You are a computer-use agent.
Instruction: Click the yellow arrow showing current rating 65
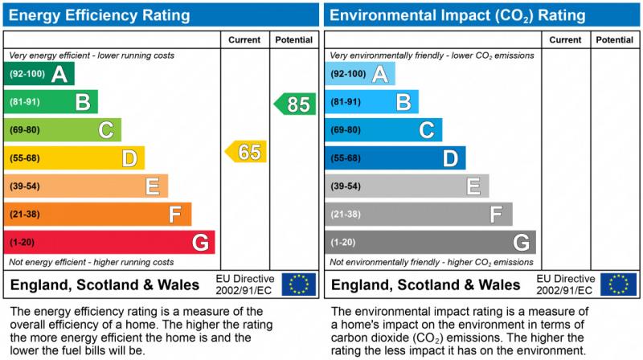click(246, 152)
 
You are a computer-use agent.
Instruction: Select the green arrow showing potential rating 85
click(295, 104)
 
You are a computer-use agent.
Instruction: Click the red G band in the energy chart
click(109, 242)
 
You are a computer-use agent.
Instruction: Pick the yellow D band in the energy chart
click(74, 158)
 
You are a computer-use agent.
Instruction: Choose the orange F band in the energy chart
click(97, 215)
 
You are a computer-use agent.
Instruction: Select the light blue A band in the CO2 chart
click(359, 74)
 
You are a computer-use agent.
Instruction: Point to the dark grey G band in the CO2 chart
click(429, 242)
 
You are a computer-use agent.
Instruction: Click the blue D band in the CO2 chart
click(395, 158)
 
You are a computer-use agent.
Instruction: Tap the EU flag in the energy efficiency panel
click(299, 284)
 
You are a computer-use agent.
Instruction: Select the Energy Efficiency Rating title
click(100, 15)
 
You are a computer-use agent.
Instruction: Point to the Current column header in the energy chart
click(244, 39)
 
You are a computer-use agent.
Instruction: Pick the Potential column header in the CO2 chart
click(615, 39)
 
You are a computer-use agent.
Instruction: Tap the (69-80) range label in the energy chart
click(24, 130)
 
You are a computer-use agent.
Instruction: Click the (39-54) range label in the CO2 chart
click(346, 186)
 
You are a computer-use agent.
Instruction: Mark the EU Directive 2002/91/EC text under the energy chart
click(244, 284)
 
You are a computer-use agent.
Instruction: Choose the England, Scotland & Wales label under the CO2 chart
click(426, 285)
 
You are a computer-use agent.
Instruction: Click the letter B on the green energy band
click(82, 102)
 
